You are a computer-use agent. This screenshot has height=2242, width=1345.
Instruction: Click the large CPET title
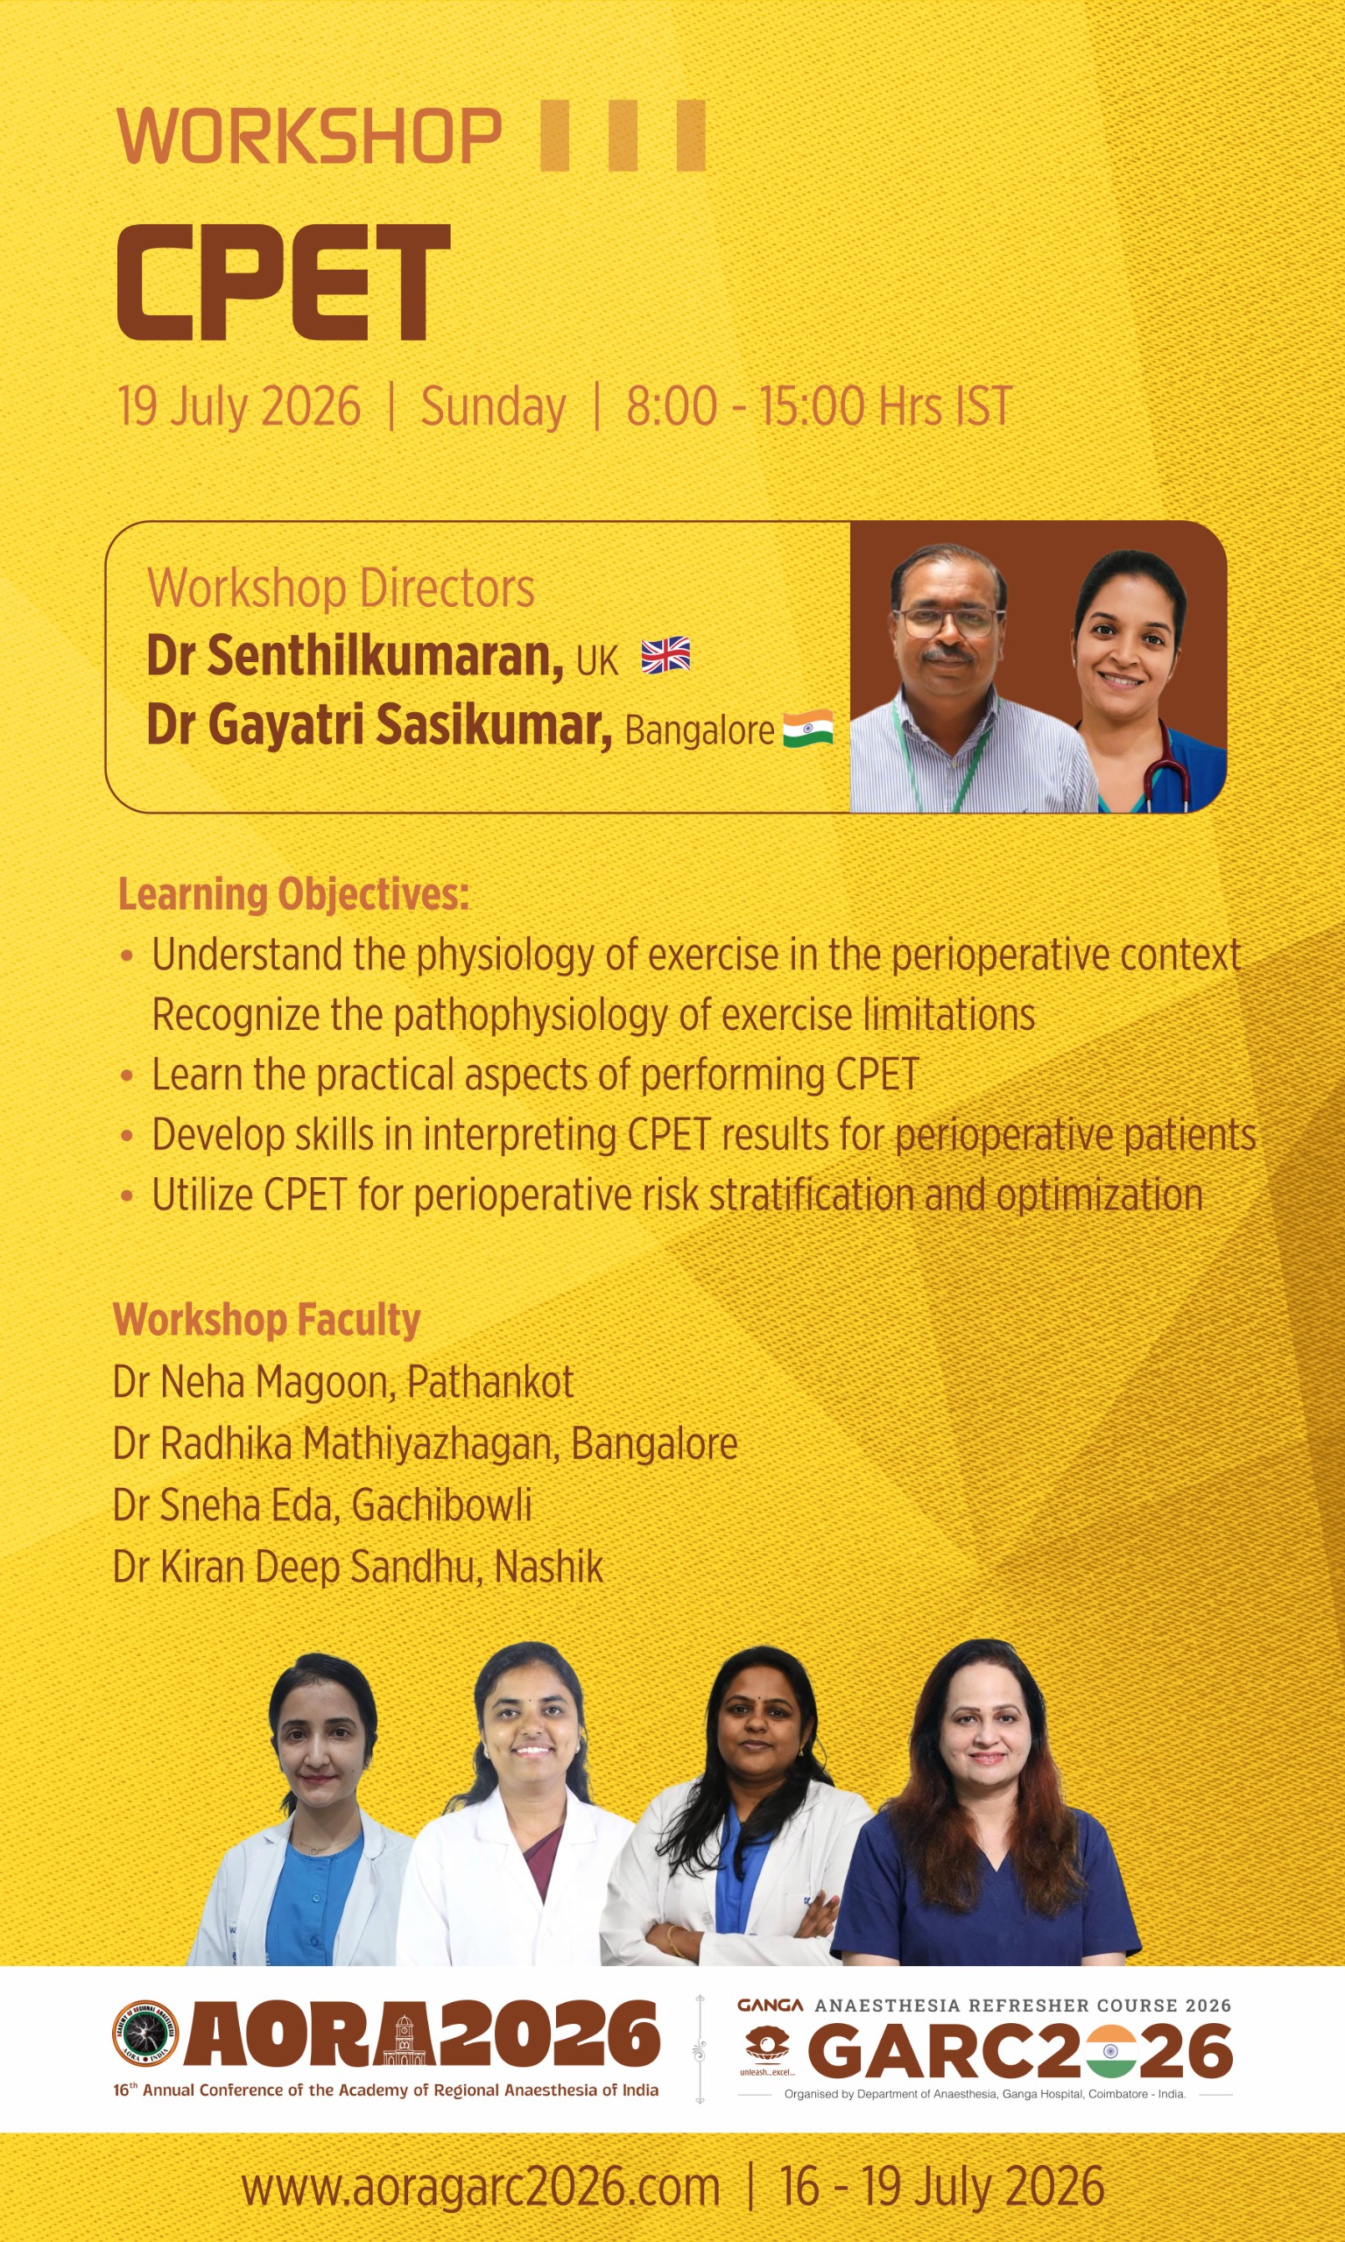click(x=284, y=282)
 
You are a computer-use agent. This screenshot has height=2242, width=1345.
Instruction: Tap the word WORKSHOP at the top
click(x=309, y=137)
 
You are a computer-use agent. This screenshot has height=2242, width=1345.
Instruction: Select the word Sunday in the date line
click(x=493, y=407)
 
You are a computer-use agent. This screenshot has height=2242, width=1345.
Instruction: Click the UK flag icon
click(x=665, y=655)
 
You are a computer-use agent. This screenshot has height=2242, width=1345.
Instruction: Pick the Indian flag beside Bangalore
click(x=807, y=729)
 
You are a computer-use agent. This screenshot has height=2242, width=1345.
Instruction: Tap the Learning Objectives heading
click(x=293, y=894)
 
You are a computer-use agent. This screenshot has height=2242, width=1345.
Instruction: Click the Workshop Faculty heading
click(x=266, y=1320)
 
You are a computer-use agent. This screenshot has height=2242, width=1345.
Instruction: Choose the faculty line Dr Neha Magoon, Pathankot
click(x=342, y=1383)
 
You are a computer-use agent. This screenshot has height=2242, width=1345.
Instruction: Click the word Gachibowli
click(x=441, y=1505)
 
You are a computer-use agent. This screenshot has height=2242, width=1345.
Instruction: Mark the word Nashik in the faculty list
click(x=549, y=1567)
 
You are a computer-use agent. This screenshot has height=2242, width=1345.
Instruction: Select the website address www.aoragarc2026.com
click(x=481, y=2188)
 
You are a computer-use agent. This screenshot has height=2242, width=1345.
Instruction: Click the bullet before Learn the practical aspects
click(x=127, y=1075)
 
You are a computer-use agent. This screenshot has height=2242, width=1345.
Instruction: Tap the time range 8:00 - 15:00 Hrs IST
click(x=819, y=406)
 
